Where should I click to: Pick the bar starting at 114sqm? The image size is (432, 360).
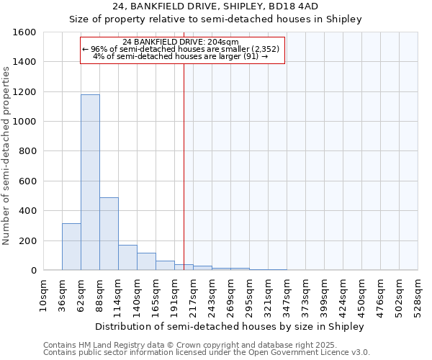tap(127, 258)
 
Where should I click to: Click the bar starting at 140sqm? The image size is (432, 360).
tap(146, 261)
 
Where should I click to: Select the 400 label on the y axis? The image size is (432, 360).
tap(27, 211)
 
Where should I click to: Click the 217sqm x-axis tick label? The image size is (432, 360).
tap(194, 295)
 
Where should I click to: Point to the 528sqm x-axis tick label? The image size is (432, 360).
tap(418, 295)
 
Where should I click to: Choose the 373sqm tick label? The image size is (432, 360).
tap(306, 295)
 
